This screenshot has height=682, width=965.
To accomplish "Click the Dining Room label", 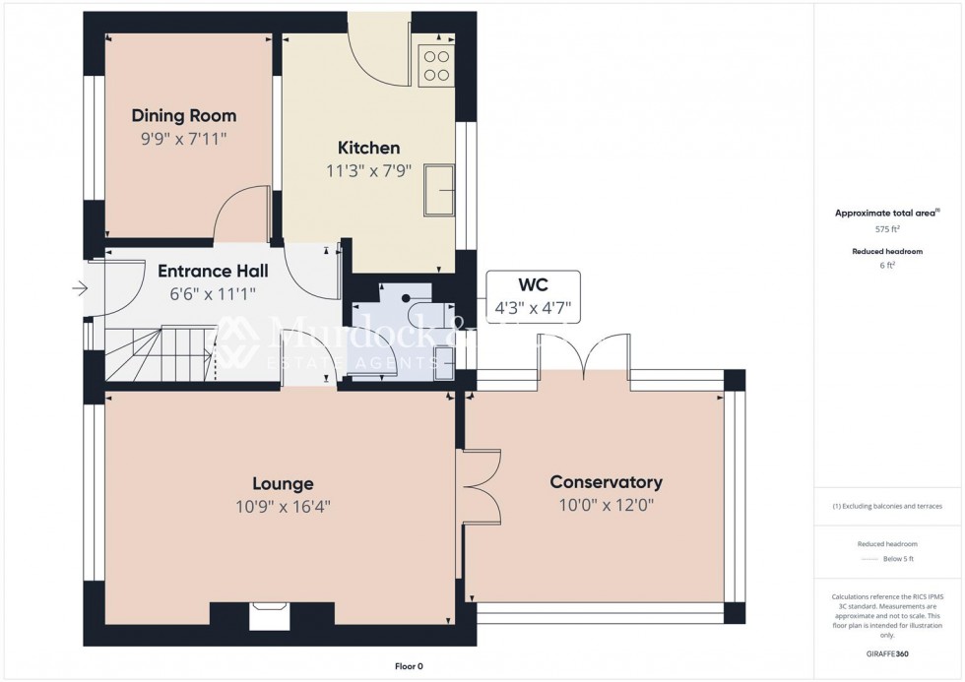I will (184, 115).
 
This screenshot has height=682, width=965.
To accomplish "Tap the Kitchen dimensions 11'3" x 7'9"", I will (368, 170).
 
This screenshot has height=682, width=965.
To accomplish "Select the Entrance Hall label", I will (213, 271).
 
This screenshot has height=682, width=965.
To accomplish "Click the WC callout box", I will (533, 298).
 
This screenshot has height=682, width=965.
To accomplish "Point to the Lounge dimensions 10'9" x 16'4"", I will (282, 507).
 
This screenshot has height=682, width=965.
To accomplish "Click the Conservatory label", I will (606, 482).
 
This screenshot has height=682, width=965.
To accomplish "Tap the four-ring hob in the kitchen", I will (436, 65).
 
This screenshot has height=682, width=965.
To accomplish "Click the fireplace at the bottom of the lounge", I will (266, 616).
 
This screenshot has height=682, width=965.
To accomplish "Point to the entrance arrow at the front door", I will (80, 288).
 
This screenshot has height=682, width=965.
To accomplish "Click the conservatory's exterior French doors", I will (584, 354).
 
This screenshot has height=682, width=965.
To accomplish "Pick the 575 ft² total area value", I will (888, 228).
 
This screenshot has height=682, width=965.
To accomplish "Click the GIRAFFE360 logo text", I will (888, 652).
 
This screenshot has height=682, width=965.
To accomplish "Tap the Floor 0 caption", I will (402, 666).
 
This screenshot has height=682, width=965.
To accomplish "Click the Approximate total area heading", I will (887, 213).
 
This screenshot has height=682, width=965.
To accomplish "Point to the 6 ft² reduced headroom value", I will (888, 266).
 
